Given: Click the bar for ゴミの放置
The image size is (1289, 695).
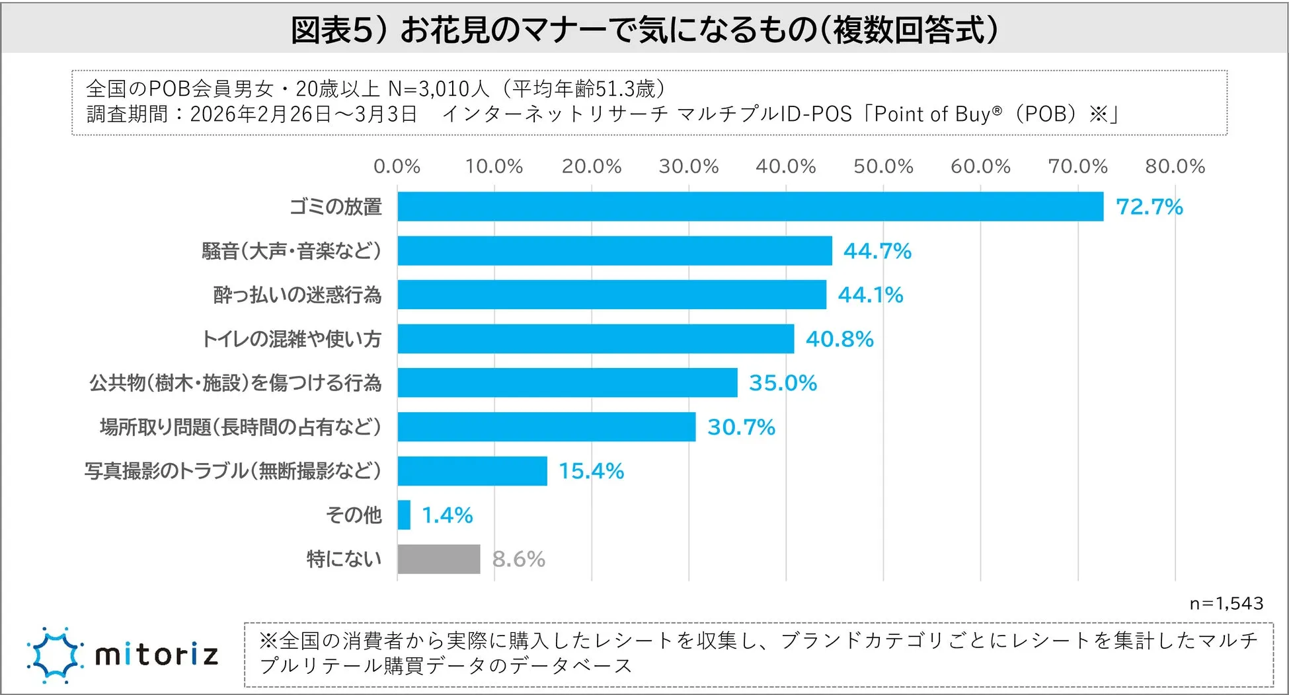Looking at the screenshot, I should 750,207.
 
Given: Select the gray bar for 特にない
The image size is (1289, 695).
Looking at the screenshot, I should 439,559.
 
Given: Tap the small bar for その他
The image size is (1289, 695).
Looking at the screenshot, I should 404,515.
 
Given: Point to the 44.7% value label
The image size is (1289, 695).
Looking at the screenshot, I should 877,251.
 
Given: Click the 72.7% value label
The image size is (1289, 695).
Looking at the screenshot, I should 1149,207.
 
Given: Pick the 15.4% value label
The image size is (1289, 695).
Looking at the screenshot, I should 591,471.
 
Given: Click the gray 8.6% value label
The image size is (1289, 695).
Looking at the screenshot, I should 518,560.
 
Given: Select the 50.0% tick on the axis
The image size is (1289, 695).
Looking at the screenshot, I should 883,166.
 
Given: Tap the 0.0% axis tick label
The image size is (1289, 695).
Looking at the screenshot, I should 397,166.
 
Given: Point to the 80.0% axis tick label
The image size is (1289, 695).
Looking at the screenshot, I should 1175,166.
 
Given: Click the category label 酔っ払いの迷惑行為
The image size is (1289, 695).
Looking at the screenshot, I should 297,295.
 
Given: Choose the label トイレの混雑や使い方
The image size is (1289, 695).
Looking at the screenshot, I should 292,339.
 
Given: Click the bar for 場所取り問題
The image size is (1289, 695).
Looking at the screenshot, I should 547,427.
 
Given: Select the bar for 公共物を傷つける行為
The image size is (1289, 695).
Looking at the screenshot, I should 567,383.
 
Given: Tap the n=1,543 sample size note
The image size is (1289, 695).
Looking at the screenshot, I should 1226,603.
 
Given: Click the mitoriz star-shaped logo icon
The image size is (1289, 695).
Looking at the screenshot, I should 55,655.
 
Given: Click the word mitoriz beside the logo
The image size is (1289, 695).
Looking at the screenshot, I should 157,655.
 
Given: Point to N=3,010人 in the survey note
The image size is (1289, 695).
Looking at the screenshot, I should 438,89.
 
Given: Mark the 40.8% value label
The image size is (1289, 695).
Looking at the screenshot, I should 840,339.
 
